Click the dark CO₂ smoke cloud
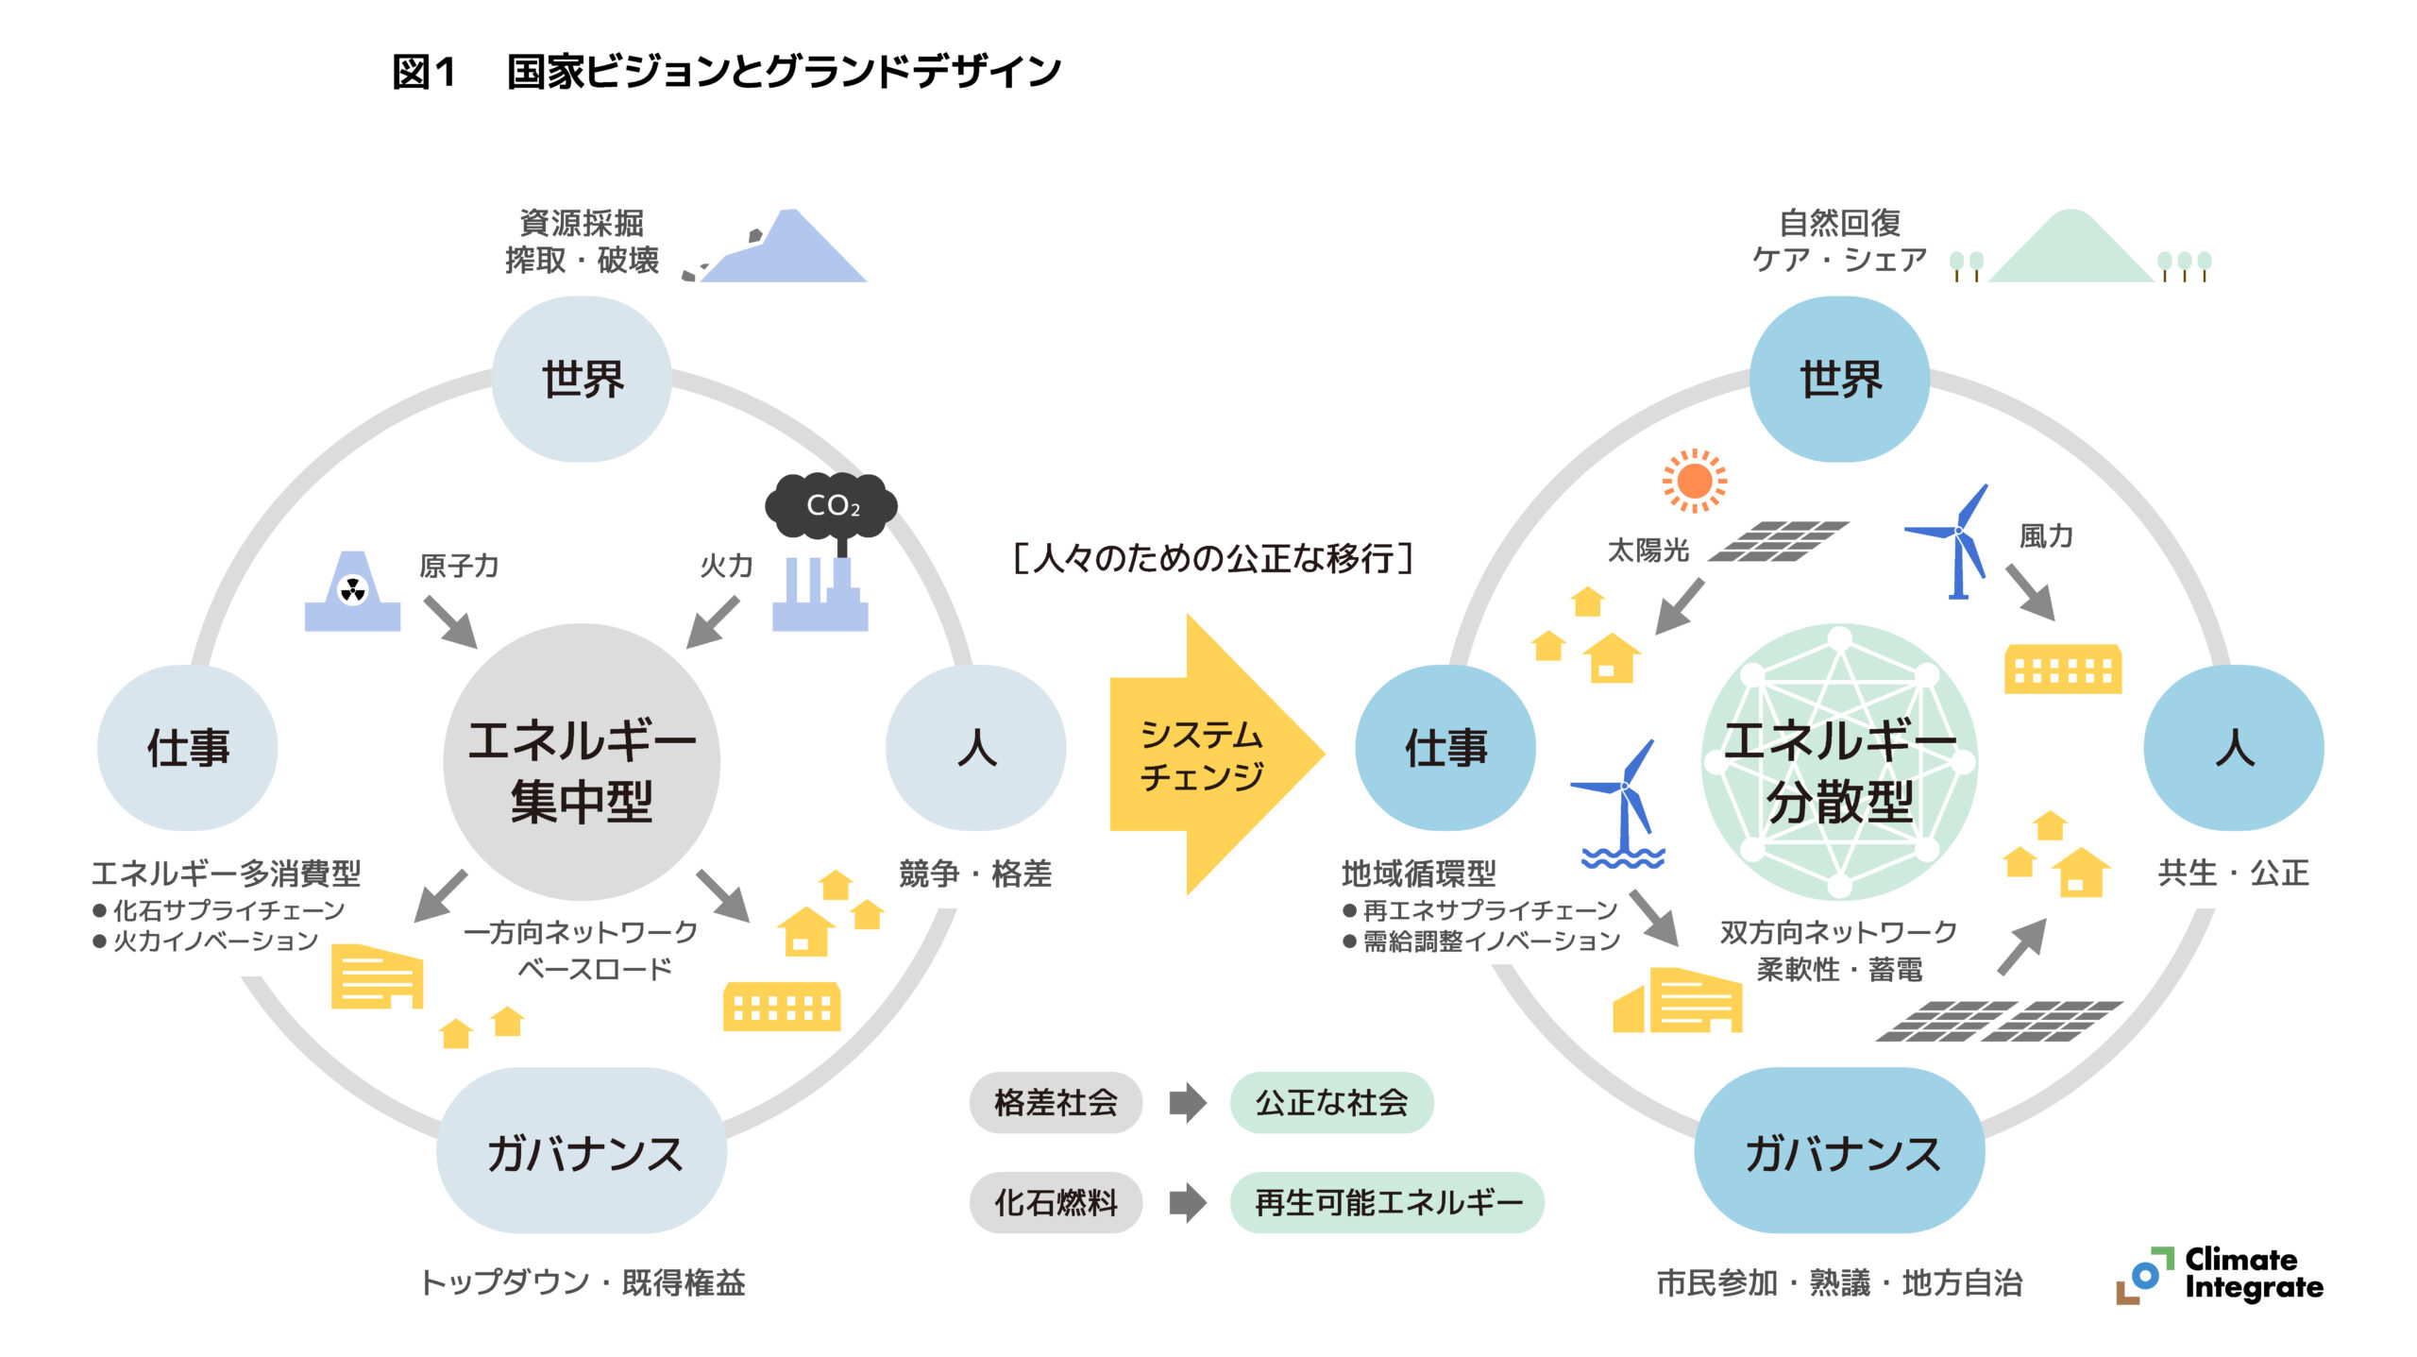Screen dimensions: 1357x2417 tap(830, 505)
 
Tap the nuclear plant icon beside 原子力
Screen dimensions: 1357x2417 tap(352, 593)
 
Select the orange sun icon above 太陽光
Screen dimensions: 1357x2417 tap(1695, 481)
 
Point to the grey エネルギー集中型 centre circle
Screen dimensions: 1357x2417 tap(582, 762)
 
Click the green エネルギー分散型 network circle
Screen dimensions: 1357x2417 tap(1839, 762)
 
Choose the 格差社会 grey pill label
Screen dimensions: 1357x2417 tap(1056, 1102)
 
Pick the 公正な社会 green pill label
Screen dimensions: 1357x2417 tap(1331, 1102)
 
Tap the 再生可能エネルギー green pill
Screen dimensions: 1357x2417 tap(1387, 1202)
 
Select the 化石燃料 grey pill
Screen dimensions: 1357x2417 tap(1056, 1202)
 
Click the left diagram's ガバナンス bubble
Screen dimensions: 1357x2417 tap(582, 1150)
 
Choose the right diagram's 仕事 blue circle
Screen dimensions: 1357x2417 tap(1445, 748)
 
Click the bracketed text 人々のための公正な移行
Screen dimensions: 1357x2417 tap(1212, 558)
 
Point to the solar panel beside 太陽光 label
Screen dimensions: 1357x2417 tap(1779, 541)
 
